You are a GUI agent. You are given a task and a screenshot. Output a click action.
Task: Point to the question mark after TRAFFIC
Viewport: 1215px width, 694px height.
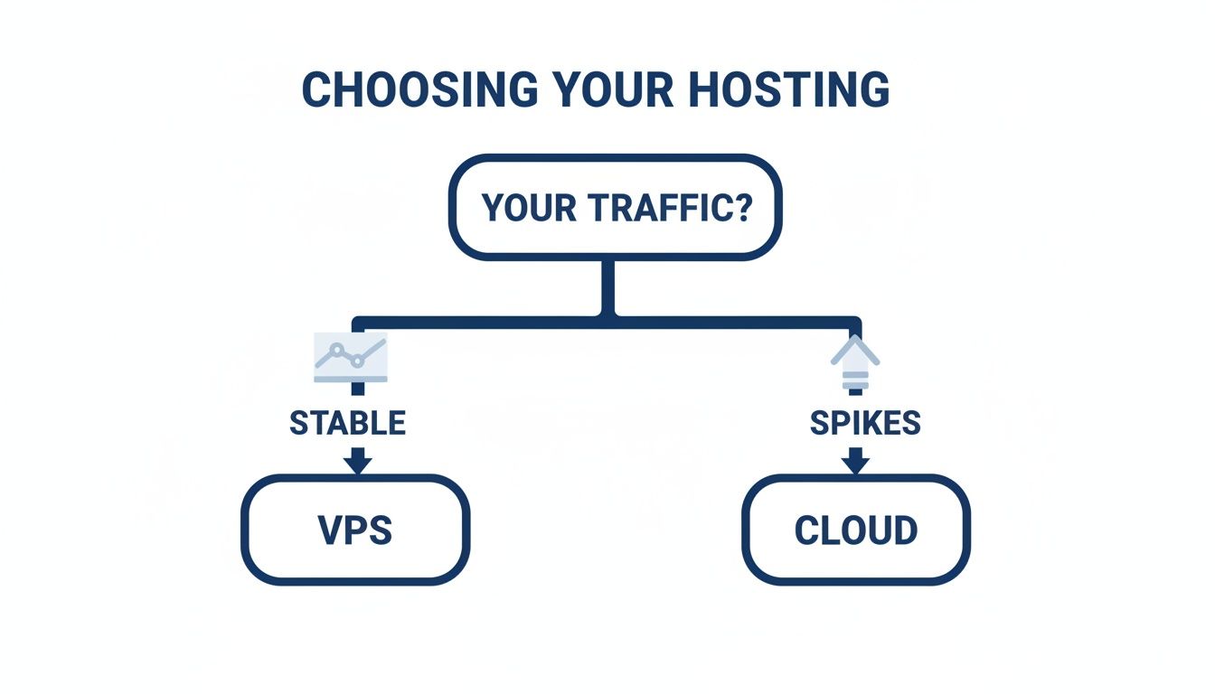tap(740, 207)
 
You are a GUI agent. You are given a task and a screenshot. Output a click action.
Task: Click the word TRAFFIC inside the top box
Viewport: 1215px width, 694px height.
tap(664, 207)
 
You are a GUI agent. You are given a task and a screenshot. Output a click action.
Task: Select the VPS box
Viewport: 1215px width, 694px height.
tap(355, 529)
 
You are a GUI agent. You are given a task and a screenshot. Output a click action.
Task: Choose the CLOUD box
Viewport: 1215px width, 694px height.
tap(855, 529)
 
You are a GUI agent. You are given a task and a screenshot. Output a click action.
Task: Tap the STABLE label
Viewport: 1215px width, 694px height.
tap(347, 423)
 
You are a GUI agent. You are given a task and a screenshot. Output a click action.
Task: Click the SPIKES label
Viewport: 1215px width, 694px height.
tap(865, 423)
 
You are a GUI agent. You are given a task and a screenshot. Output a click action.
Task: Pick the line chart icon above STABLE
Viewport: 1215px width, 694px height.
tap(351, 356)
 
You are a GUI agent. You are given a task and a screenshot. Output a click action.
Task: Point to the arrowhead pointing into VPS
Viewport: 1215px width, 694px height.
tap(358, 463)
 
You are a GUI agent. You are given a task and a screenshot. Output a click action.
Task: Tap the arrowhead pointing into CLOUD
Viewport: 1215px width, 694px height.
tap(855, 463)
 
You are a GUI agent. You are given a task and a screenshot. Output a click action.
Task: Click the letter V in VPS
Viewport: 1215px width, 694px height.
tap(329, 530)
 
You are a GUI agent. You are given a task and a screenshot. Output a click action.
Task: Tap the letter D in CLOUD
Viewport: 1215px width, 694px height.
tap(905, 530)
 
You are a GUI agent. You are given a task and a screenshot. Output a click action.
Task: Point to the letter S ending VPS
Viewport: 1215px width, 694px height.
tap(381, 530)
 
